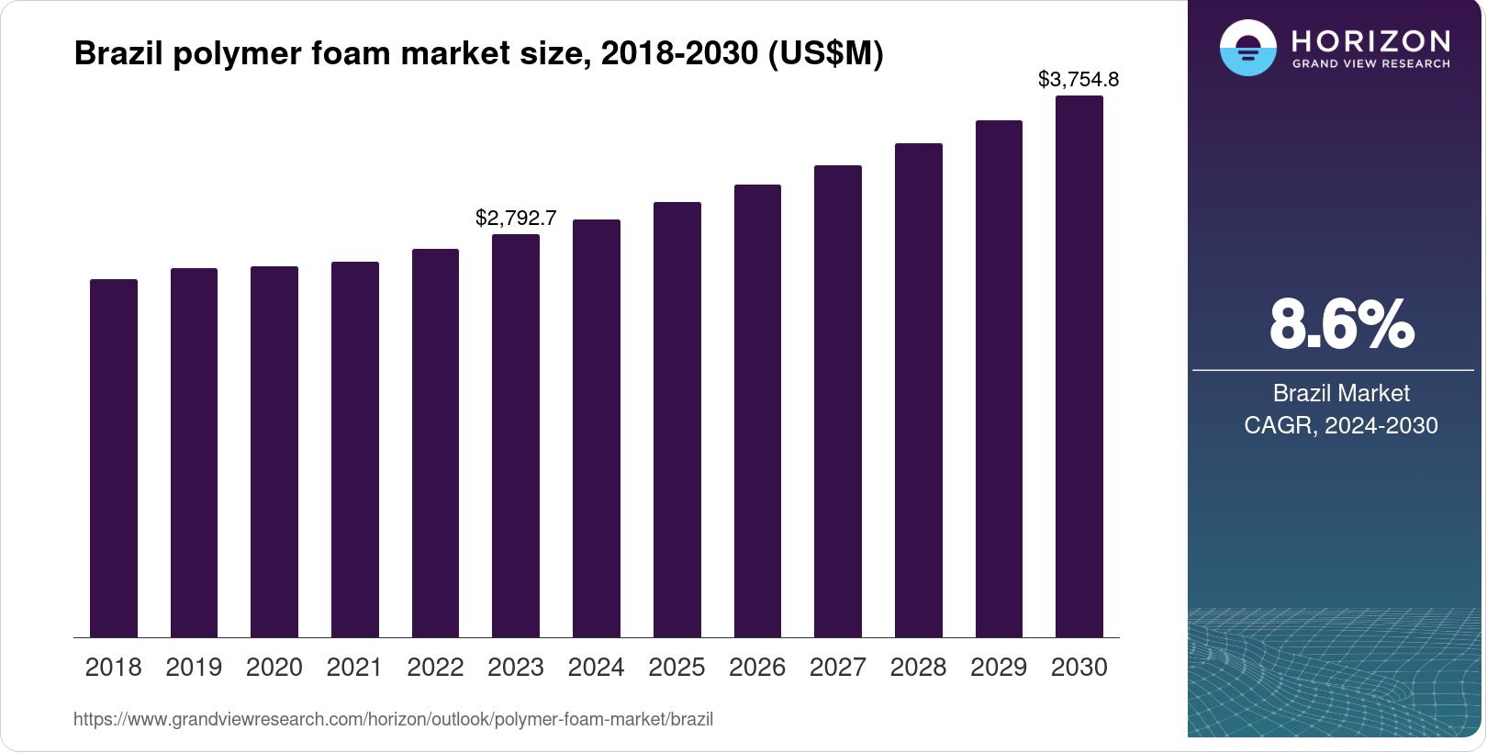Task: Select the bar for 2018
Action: coord(114,459)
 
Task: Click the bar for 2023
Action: coord(516,436)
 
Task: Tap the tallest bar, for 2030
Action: coord(1079,367)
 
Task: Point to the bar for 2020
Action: coord(274,452)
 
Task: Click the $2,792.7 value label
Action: coord(516,219)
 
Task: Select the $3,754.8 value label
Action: coord(1079,80)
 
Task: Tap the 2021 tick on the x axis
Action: coord(354,668)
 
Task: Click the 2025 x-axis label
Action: coord(676,668)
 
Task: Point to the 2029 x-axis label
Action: coord(999,668)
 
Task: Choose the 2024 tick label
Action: coord(596,668)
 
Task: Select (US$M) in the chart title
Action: coord(825,53)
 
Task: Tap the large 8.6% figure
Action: coord(1341,324)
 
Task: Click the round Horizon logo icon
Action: coord(1247,48)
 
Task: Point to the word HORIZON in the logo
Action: coord(1371,40)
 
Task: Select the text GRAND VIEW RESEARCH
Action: coord(1371,64)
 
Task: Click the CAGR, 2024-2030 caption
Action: coord(1341,425)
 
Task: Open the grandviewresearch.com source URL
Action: coord(393,720)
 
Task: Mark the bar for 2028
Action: coord(919,390)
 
